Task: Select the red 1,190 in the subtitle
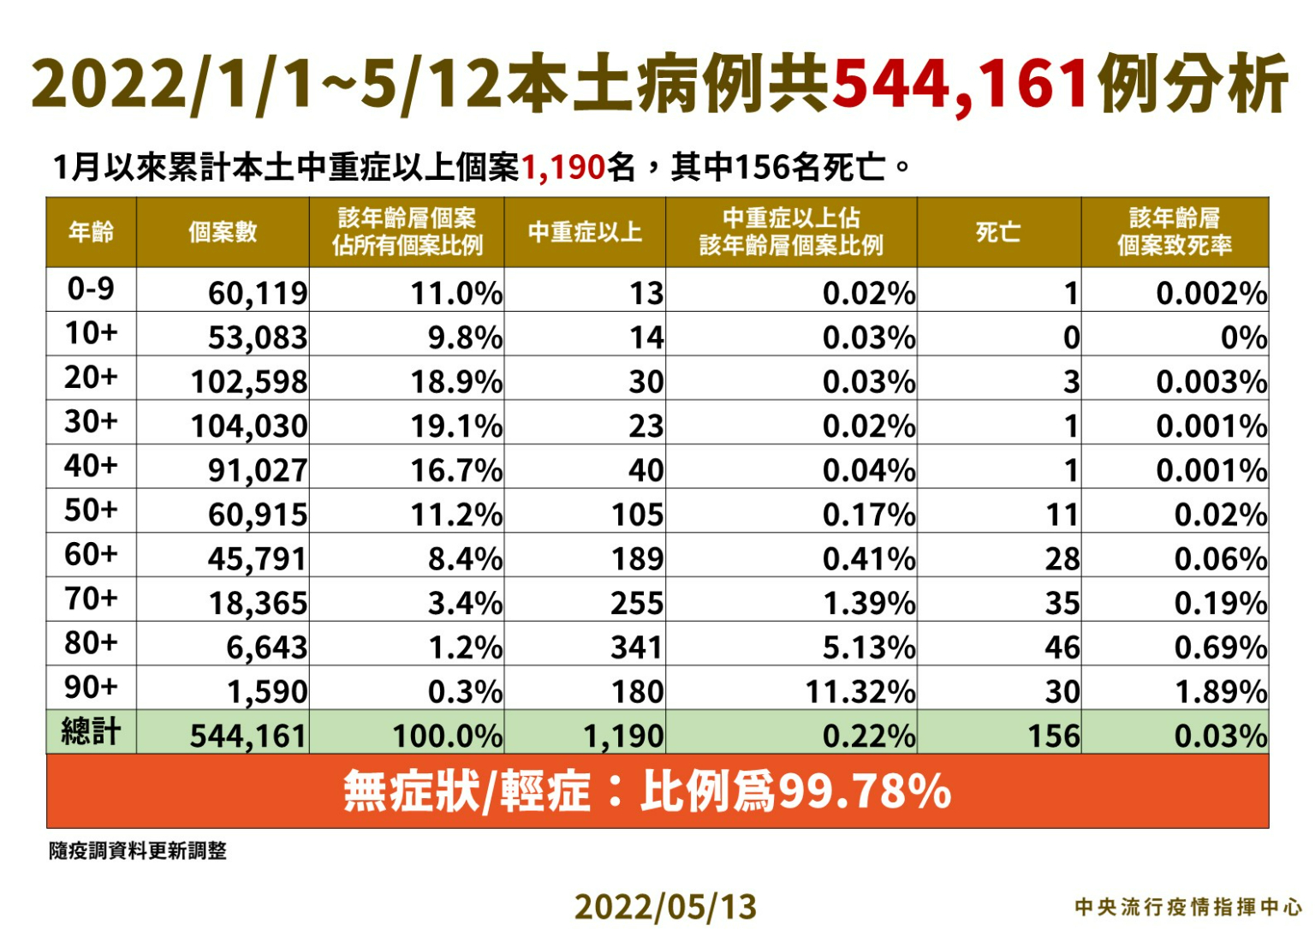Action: point(563,167)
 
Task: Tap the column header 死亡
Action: point(998,232)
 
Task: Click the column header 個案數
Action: point(223,232)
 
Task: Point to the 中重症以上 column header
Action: point(585,232)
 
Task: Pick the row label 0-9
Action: point(91,289)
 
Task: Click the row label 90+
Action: point(91,688)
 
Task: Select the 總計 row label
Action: point(91,732)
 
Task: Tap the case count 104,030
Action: point(248,426)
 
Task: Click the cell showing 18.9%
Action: point(456,382)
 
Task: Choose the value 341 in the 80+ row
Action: point(637,647)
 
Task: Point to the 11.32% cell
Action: point(860,692)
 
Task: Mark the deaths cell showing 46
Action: point(1062,647)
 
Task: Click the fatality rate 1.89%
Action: point(1220,692)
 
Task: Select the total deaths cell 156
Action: point(1054,736)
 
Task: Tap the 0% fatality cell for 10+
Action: point(1243,337)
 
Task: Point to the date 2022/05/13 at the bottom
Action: point(665,907)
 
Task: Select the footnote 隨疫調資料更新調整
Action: point(138,850)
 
